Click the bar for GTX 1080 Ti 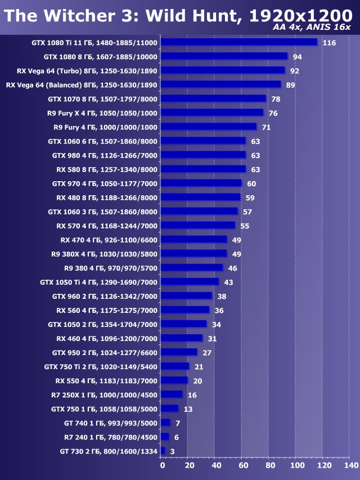(x=239, y=42)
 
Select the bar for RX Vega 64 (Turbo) (x=223, y=70)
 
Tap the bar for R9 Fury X (x=212, y=113)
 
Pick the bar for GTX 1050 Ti (x=190, y=281)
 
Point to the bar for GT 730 (x=163, y=451)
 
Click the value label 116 (x=330, y=43)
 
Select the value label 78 (x=276, y=99)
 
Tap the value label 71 (x=267, y=127)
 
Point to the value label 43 (x=229, y=282)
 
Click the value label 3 (x=172, y=451)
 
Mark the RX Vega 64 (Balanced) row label (x=82, y=85)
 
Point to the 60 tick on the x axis (x=244, y=466)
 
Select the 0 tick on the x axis (x=163, y=466)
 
